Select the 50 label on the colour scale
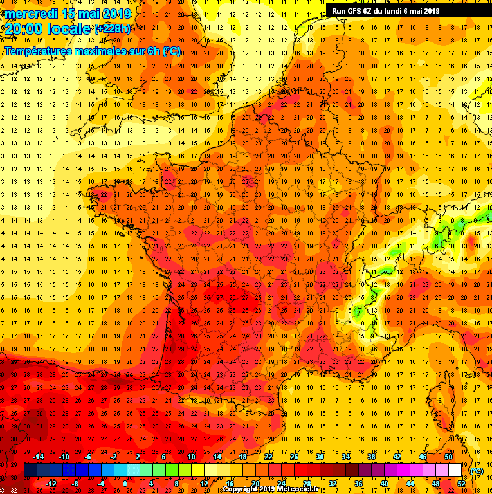(448, 457)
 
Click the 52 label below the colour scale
(461, 484)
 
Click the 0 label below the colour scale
(125, 484)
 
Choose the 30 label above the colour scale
(320, 457)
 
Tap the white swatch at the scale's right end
(455, 470)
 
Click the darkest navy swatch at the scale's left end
(30, 470)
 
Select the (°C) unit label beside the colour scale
(477, 470)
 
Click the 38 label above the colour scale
(371, 457)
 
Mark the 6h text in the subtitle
(152, 51)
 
